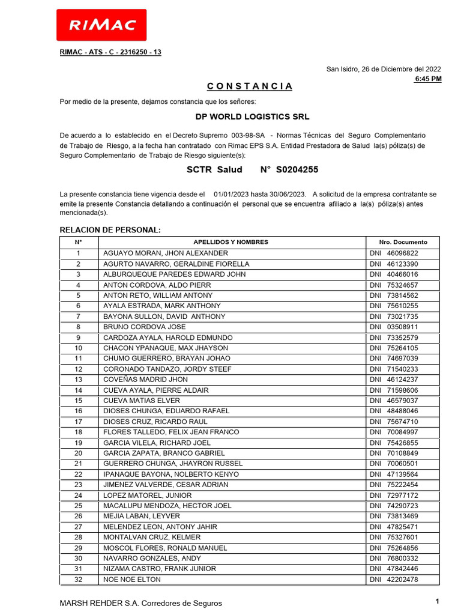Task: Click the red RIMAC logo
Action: point(101,25)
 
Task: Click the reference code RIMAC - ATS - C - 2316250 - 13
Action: point(110,52)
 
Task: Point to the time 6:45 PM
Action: point(428,79)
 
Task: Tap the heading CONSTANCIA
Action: point(246,86)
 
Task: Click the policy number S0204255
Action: point(297,170)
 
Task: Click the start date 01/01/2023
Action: point(231,194)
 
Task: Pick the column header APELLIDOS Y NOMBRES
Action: point(231,242)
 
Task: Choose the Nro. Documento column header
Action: point(403,242)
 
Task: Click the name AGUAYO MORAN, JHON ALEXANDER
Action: point(166,253)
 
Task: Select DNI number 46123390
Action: point(402,264)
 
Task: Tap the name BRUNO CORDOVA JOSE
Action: point(145,327)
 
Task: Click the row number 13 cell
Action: point(78,380)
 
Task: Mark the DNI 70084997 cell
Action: point(402,432)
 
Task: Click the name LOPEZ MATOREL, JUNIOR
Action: point(148,495)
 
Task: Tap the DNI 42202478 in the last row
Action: point(402,580)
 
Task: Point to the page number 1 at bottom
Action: point(438,601)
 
